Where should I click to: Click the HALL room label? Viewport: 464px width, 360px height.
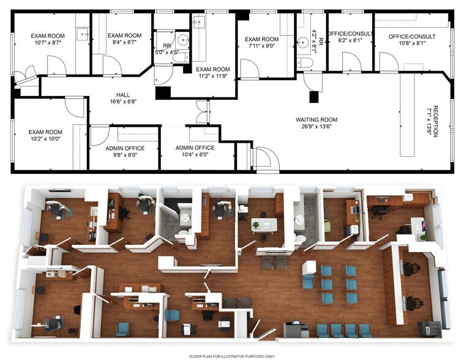(x=122, y=95)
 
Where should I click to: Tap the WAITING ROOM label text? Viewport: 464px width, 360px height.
(x=316, y=119)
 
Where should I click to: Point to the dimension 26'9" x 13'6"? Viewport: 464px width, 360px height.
(x=316, y=127)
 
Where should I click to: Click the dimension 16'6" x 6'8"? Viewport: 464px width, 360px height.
(x=122, y=103)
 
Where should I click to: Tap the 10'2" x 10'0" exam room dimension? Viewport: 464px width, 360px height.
(x=47, y=140)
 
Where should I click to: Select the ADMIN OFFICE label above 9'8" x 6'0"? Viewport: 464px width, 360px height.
(x=124, y=148)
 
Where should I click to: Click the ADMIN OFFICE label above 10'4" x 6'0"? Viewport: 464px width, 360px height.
(x=195, y=148)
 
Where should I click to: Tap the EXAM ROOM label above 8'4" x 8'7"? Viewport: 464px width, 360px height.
(x=124, y=36)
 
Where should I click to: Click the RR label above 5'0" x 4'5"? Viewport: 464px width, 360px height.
(x=166, y=45)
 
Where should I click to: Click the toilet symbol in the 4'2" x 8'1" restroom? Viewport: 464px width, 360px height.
(x=306, y=63)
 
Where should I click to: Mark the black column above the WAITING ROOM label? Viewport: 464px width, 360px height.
(x=315, y=97)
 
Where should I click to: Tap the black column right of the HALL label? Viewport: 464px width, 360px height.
(x=163, y=93)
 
